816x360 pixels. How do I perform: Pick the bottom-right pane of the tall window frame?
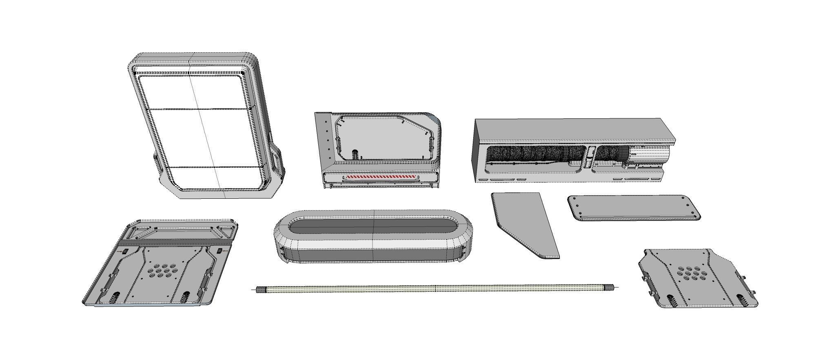click(241, 178)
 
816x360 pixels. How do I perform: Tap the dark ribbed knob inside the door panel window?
click(355, 155)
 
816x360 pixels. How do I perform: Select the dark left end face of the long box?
click(480, 151)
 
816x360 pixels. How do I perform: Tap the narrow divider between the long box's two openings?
click(590, 157)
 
